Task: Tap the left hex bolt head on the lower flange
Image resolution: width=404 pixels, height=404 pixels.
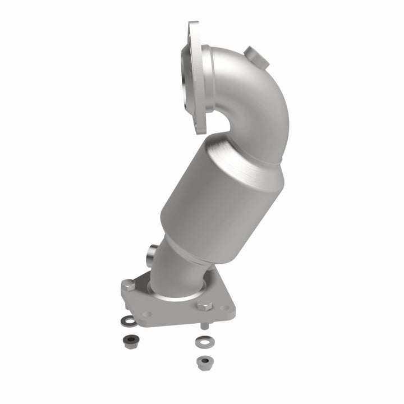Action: point(129,284)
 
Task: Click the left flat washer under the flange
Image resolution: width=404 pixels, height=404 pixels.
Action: point(130,320)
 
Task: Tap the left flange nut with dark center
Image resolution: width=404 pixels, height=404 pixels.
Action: point(131,341)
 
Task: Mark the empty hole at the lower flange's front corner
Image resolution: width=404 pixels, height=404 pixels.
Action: point(147,314)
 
